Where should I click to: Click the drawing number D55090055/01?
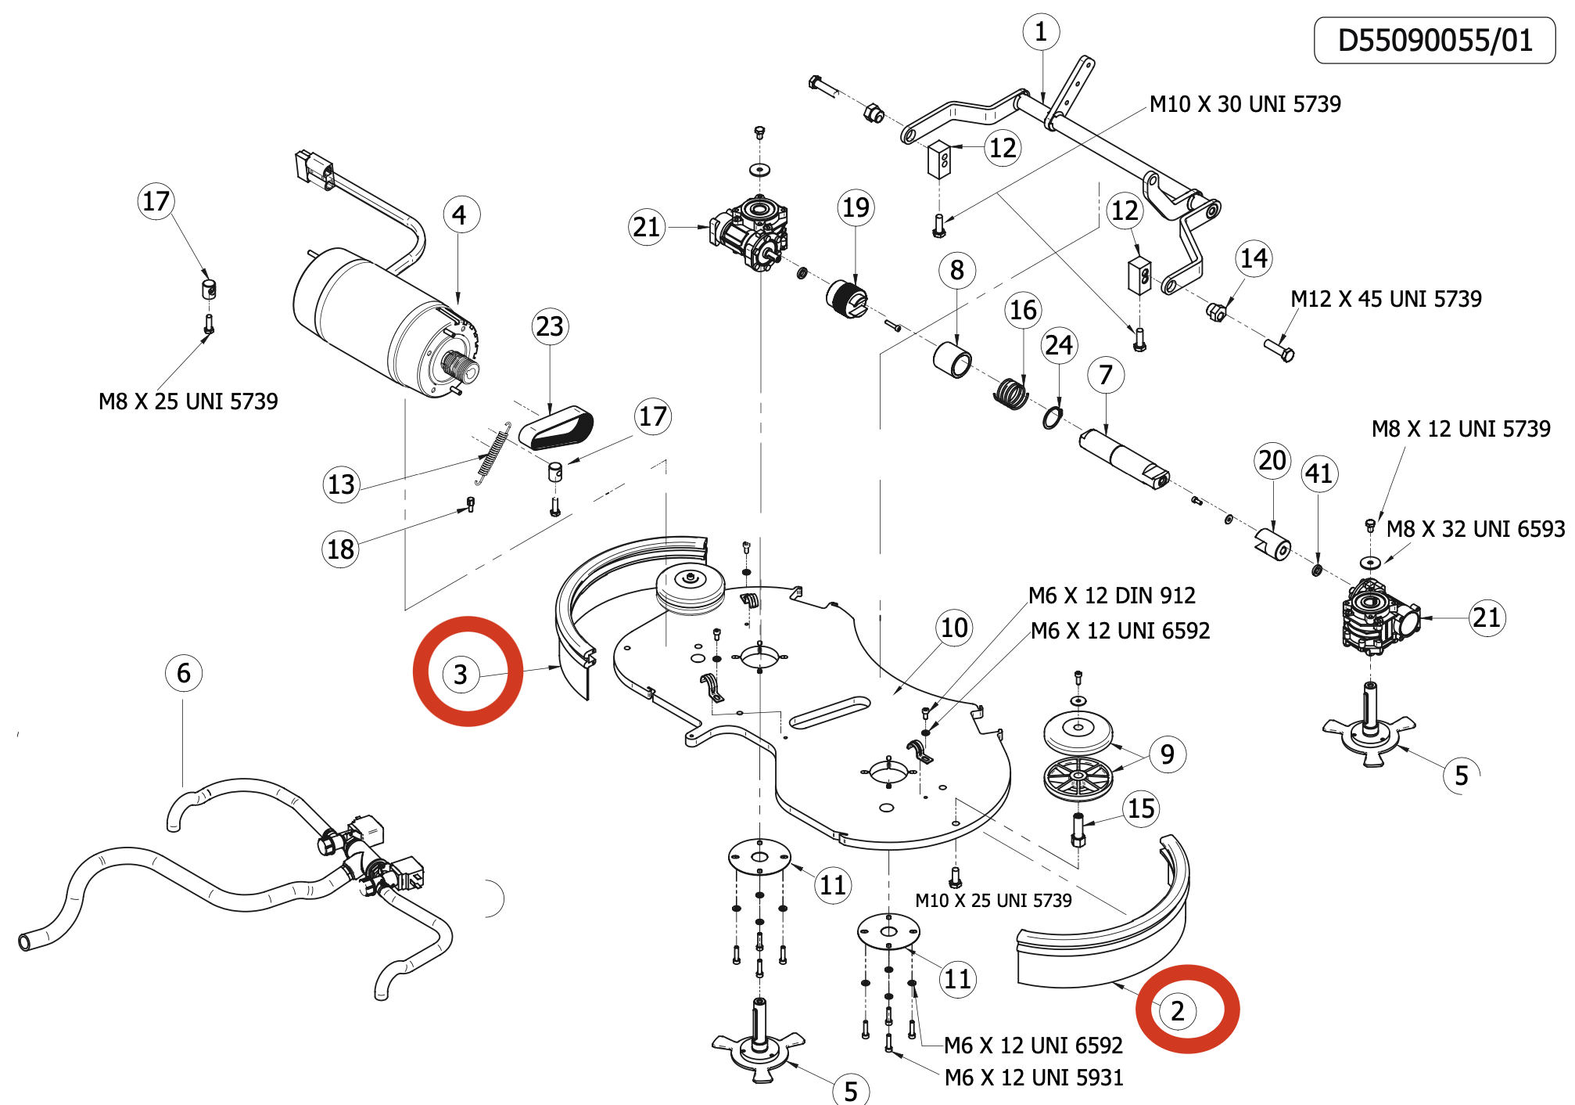point(1434,41)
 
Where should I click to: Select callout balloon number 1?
point(1041,32)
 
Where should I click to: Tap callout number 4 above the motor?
point(459,214)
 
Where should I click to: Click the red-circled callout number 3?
point(461,674)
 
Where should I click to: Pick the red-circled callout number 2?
point(1178,1010)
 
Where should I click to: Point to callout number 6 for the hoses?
point(184,673)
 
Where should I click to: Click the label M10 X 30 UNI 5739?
point(1245,104)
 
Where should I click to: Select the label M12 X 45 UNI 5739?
point(1386,299)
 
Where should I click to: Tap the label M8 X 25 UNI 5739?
point(188,401)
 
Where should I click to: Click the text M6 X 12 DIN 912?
point(1111,596)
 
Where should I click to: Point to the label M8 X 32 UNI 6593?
point(1475,529)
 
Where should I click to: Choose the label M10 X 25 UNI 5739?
point(993,901)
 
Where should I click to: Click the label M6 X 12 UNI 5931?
point(1033,1078)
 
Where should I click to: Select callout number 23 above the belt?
point(550,326)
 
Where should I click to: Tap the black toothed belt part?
point(558,430)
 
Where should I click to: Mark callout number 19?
point(856,207)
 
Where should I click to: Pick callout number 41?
point(1318,473)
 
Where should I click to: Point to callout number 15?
point(1141,808)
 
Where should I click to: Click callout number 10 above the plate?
point(954,628)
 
